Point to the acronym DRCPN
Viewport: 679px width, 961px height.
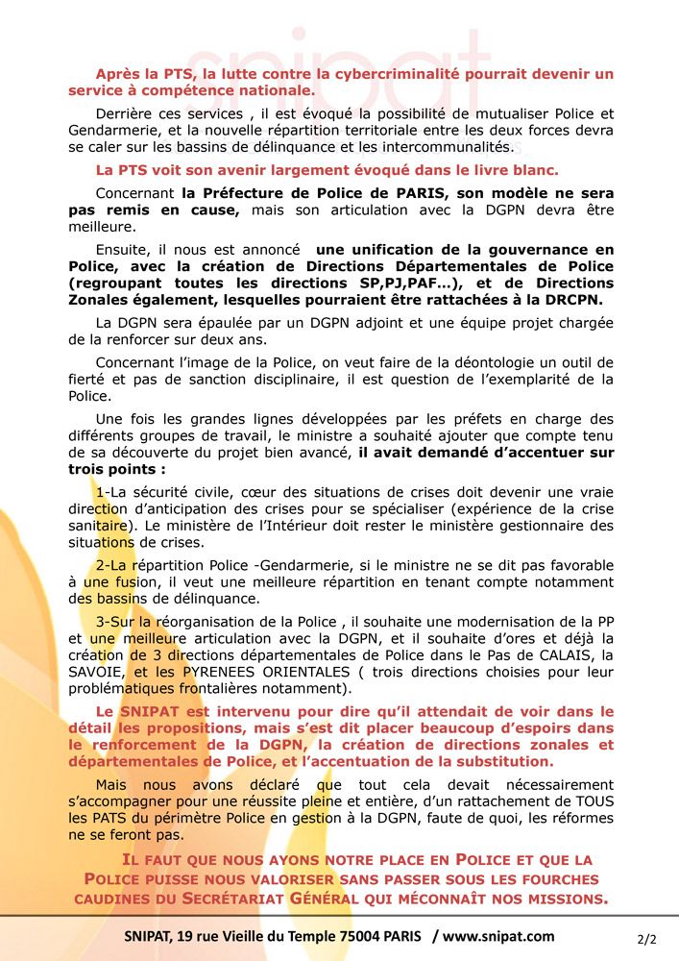point(584,301)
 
